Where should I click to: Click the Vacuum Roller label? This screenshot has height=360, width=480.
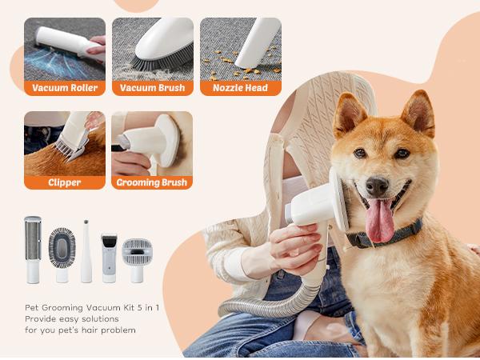(65, 88)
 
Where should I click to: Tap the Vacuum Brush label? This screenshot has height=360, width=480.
(152, 88)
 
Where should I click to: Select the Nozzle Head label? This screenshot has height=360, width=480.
(240, 88)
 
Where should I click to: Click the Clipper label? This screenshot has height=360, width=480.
(65, 182)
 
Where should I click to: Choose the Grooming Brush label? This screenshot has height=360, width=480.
(152, 182)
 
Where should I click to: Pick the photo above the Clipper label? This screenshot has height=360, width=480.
(65, 142)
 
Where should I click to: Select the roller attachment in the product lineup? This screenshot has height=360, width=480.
(33, 249)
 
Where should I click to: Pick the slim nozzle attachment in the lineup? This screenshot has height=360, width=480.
(86, 251)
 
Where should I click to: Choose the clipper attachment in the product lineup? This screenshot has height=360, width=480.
(110, 256)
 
